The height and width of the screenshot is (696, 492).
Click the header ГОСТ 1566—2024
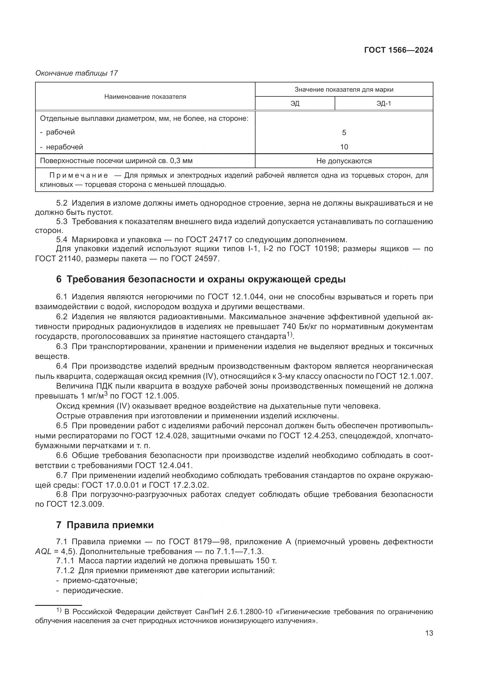398,50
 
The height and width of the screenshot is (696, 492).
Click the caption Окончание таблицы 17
76,73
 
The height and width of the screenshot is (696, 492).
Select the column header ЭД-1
383,104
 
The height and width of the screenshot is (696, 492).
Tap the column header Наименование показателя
145,97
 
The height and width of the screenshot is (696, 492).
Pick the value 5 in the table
344,132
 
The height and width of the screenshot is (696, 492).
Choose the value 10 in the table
344,147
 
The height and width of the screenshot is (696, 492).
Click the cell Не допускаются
344,161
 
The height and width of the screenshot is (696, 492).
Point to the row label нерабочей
64,147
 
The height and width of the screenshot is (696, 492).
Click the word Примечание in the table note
79,176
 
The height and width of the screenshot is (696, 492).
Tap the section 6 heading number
59,279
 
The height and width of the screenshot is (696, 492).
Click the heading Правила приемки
110,525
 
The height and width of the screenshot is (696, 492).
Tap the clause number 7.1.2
65,571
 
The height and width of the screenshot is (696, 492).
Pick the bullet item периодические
93,590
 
